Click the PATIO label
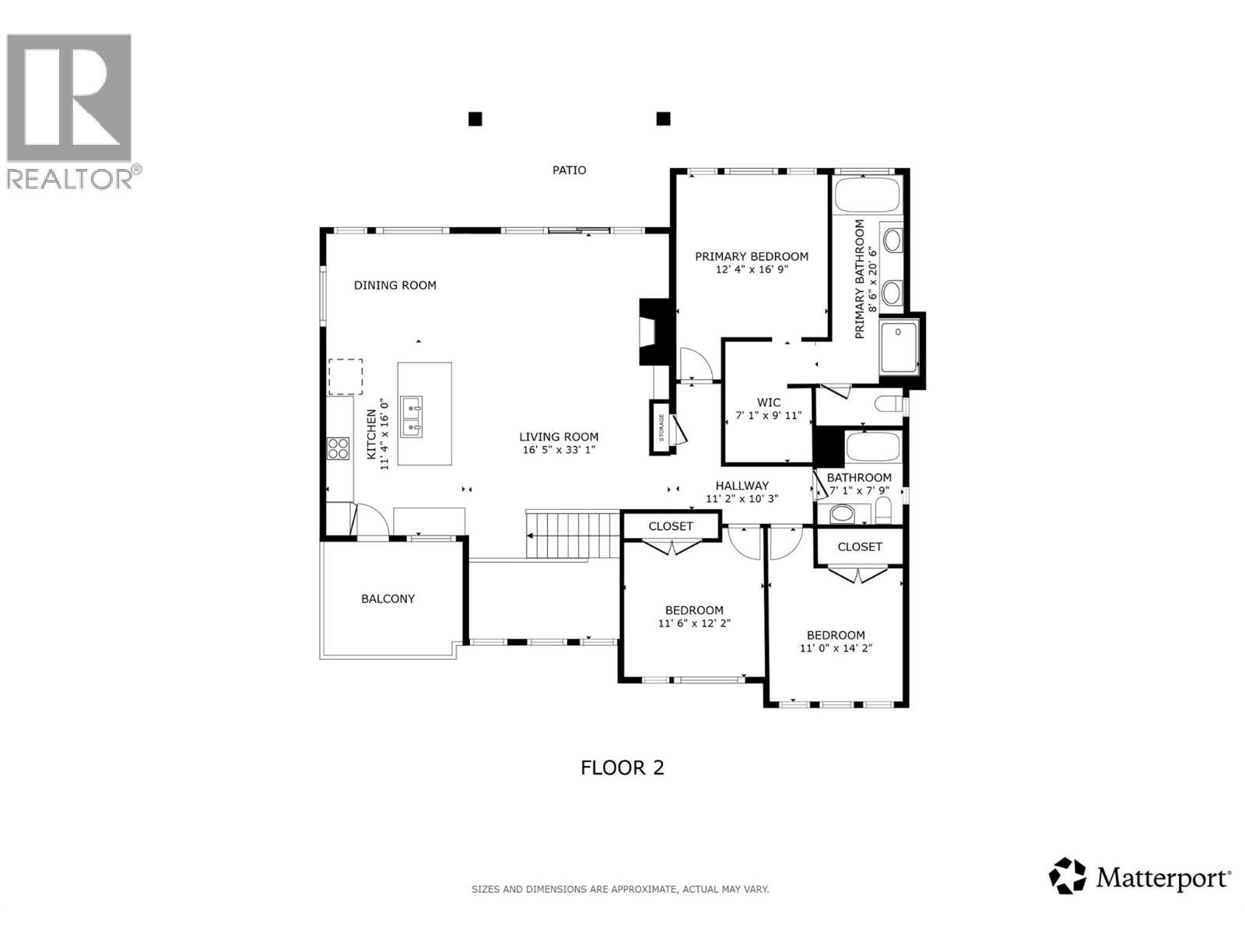tap(569, 170)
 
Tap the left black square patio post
tap(475, 119)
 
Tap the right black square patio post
tap(663, 118)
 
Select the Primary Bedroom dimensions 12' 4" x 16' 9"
tap(751, 270)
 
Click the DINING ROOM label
tap(395, 285)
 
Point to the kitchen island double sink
tap(412, 416)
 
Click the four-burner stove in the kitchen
tap(338, 448)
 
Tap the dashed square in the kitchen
tap(345, 377)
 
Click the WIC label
tap(768, 402)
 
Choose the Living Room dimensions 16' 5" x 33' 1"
tap(559, 450)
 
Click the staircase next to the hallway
tap(573, 535)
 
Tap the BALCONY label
tap(388, 599)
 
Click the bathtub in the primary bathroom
tap(868, 193)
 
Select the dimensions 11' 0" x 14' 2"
tap(836, 648)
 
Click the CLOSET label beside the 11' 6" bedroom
tap(670, 526)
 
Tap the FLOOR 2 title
tap(622, 767)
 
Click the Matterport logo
tap(1140, 878)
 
